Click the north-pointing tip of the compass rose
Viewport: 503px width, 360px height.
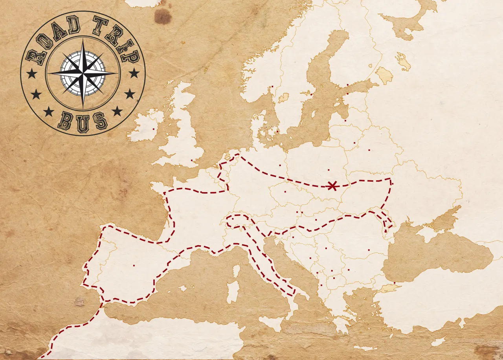coord(83,41)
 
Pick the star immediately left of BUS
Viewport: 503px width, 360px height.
coord(49,112)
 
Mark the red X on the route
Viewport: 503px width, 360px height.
coord(332,186)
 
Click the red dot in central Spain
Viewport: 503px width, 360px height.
coord(134,265)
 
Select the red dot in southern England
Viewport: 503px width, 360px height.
coord(192,160)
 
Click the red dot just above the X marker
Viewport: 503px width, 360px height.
coord(329,170)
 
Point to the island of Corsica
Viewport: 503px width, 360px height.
coord(236,271)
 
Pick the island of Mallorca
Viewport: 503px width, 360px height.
coord(183,288)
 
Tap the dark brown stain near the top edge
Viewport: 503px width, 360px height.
coord(162,17)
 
